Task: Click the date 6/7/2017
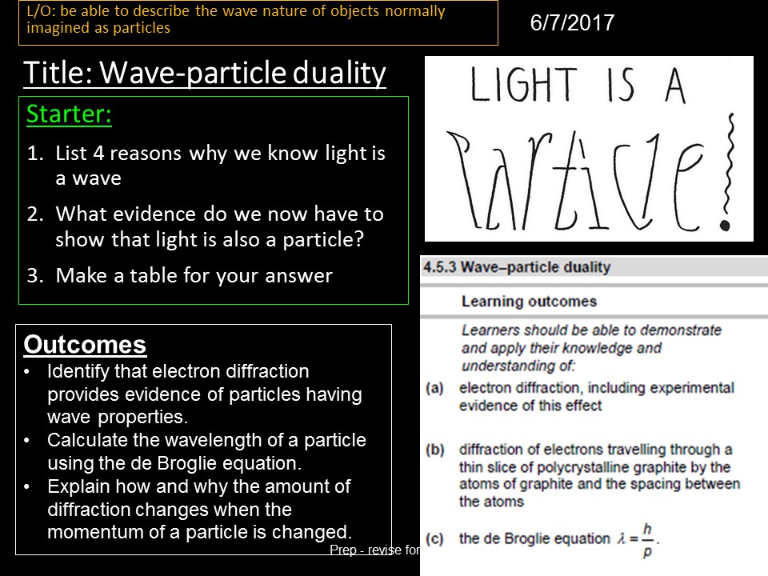click(x=572, y=23)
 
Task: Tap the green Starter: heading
click(x=69, y=115)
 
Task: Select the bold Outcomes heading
click(x=85, y=345)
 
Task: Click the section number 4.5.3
click(x=440, y=267)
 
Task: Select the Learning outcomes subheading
click(x=529, y=302)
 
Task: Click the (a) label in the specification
click(x=434, y=388)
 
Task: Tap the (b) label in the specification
click(x=434, y=450)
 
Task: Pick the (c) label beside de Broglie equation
click(x=434, y=538)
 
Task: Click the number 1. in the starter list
click(x=34, y=154)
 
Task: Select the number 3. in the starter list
click(x=34, y=276)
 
